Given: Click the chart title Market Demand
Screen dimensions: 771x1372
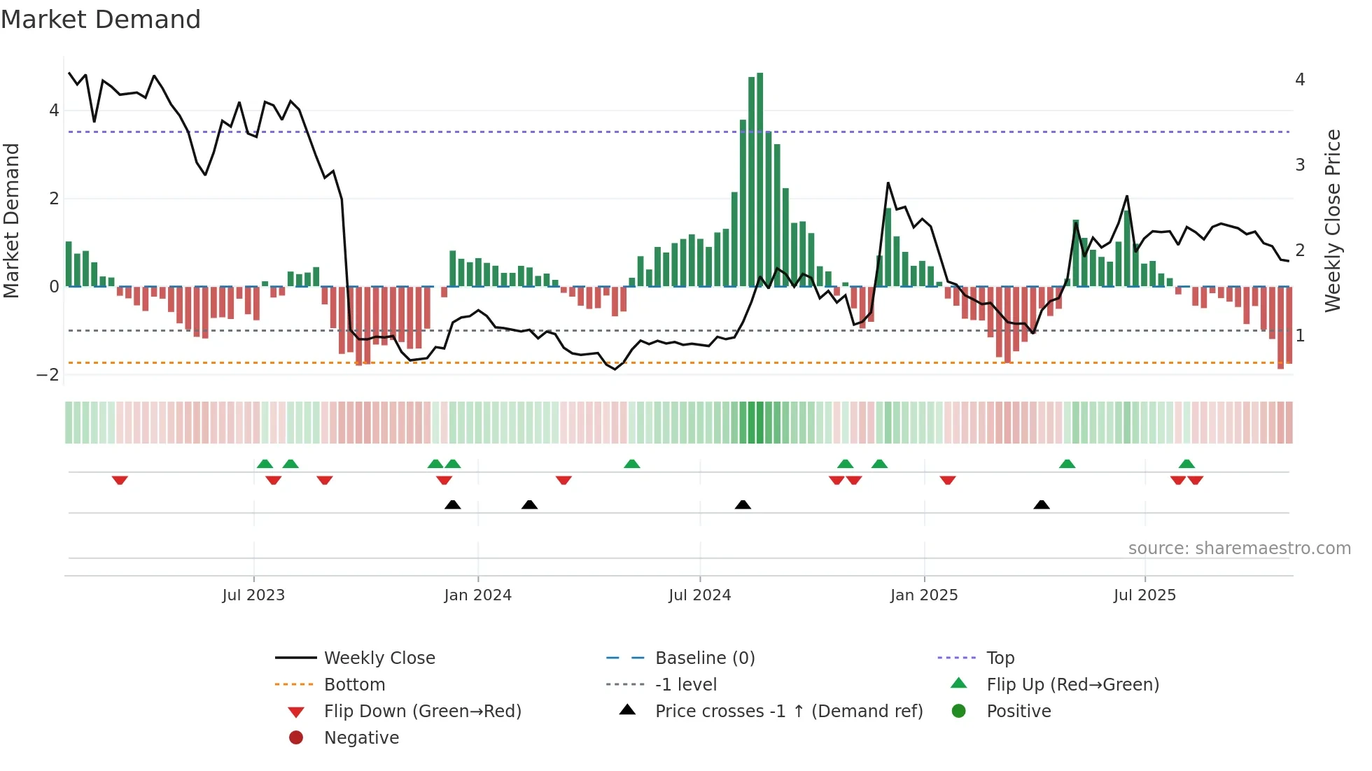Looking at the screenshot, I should tap(101, 20).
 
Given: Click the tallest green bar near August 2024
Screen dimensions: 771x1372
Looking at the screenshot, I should tap(759, 179).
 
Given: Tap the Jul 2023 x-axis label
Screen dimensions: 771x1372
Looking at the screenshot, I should tap(253, 595).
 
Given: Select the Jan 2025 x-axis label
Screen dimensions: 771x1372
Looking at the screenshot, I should tap(924, 595).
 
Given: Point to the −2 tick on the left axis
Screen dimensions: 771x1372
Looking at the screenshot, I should tap(48, 375).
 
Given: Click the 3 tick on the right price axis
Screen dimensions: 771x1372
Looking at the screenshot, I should tap(1300, 165).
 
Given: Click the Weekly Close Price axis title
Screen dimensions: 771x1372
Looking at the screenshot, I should tap(1333, 220).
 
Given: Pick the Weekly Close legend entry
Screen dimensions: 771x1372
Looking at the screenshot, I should tap(379, 658).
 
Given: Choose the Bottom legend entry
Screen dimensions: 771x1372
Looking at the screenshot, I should tap(354, 685).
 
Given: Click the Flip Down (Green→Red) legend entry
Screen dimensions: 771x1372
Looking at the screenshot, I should tap(422, 712).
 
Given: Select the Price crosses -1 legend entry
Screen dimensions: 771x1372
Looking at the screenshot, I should tap(788, 712).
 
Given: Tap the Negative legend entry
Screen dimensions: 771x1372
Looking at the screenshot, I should tap(361, 738).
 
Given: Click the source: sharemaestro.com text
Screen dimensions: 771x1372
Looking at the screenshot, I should tap(1239, 549).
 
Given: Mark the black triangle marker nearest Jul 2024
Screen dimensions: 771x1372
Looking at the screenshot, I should tap(743, 504).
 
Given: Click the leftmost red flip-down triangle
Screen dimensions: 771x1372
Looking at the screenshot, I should tap(120, 480).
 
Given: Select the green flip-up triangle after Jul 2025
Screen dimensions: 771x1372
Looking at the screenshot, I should tap(1186, 464).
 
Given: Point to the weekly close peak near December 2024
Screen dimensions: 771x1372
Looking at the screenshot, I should tap(888, 183).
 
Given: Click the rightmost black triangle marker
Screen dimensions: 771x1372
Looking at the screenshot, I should tap(1042, 504).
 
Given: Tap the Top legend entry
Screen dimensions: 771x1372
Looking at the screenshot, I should tap(1000, 658).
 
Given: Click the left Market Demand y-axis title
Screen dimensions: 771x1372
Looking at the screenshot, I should tap(12, 220).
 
